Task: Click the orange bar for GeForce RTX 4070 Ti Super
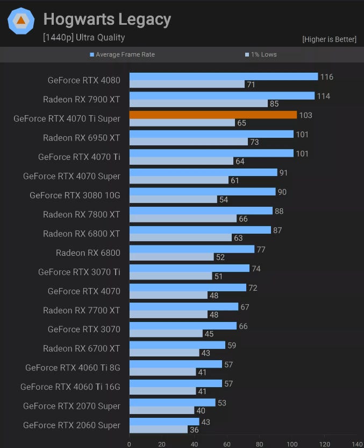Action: [213, 115]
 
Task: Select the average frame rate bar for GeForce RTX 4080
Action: [224, 76]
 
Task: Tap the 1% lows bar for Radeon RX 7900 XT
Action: [198, 103]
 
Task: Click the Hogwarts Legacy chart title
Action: [107, 20]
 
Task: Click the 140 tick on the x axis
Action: [358, 444]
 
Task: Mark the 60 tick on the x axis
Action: [227, 444]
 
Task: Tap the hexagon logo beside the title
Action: [21, 21]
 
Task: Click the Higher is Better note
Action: [329, 39]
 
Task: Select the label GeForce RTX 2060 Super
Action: [72, 425]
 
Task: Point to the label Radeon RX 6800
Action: [88, 253]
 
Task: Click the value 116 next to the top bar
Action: [326, 77]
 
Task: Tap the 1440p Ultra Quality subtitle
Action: [84, 38]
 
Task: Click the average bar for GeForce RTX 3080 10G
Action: [202, 192]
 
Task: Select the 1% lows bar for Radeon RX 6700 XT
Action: [165, 353]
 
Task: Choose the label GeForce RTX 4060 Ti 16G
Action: [70, 387]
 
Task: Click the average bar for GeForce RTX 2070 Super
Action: [172, 402]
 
